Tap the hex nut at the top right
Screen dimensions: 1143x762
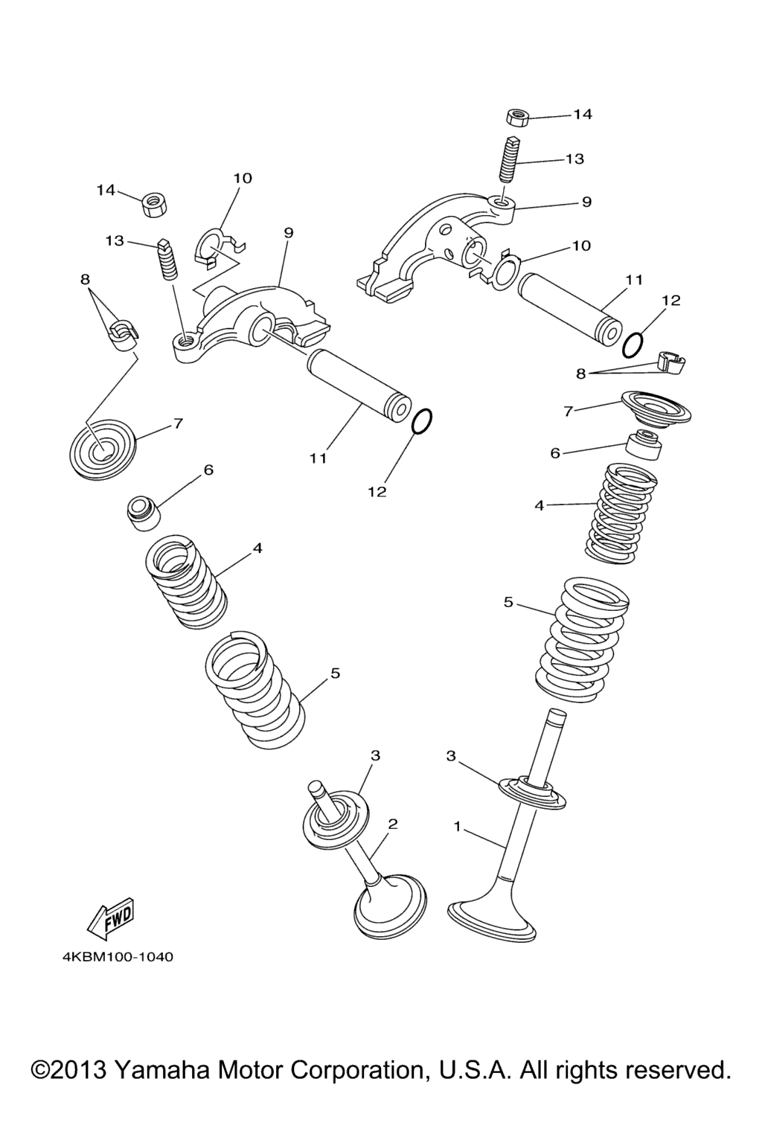tap(516, 117)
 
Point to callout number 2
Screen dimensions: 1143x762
tap(393, 824)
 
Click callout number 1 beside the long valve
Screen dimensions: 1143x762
tap(458, 826)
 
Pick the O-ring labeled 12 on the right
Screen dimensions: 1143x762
tap(633, 345)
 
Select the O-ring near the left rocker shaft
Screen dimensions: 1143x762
tap(421, 421)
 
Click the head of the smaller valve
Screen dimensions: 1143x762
tap(391, 903)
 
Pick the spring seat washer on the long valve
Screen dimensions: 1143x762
tap(533, 790)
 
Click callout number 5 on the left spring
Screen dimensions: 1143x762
tap(335, 673)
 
